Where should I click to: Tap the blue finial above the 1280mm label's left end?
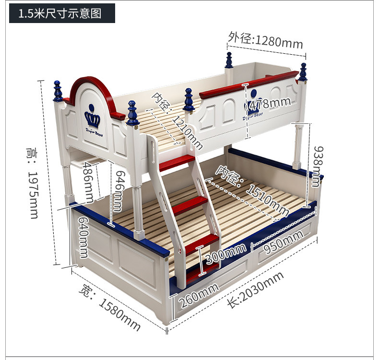229,60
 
